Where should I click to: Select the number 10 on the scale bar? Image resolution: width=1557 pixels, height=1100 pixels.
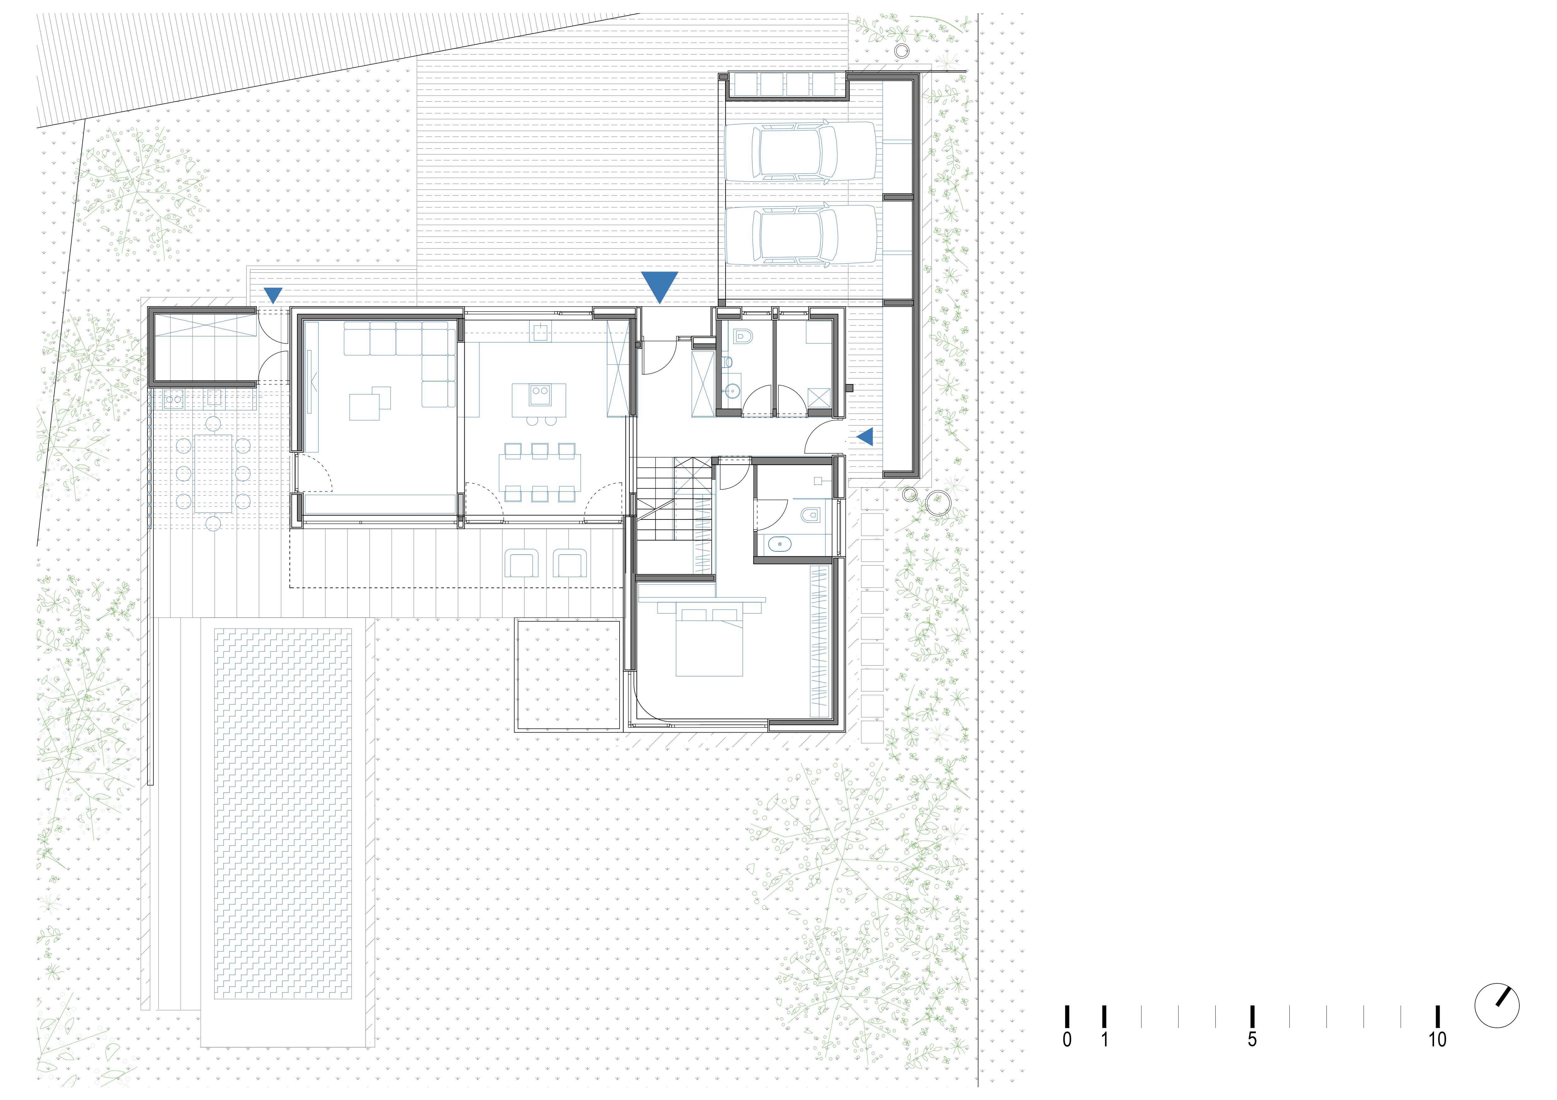[x=1437, y=1040]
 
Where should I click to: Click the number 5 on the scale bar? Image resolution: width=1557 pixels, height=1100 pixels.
[x=1252, y=1040]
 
